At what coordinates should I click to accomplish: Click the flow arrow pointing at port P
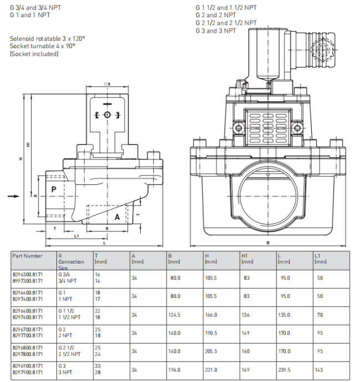click(x=13, y=196)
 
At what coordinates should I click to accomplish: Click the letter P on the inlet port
click(x=54, y=189)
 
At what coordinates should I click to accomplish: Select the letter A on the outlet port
click(x=117, y=217)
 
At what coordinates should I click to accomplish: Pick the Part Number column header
click(x=27, y=256)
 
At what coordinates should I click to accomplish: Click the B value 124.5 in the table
click(x=174, y=315)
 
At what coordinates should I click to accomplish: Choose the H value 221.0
click(x=211, y=370)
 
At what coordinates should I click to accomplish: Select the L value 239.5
click(x=284, y=370)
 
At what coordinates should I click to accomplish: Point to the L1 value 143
click(x=319, y=370)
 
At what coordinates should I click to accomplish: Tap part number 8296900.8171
click(x=28, y=366)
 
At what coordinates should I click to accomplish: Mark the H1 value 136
click(x=245, y=315)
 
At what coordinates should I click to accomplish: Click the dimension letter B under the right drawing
click(x=268, y=242)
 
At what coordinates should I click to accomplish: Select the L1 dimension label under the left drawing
click(x=76, y=236)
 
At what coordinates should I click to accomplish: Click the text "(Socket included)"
click(x=34, y=54)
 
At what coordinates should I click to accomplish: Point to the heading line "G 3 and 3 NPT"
click(x=215, y=30)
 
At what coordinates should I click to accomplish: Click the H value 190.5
click(x=211, y=333)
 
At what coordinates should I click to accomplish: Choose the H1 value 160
click(x=245, y=352)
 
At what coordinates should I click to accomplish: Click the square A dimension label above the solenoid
click(x=107, y=84)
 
